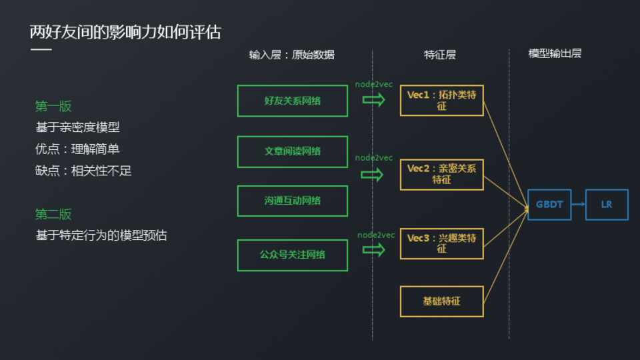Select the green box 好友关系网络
point(292,101)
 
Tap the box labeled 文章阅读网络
point(292,151)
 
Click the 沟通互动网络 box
point(292,201)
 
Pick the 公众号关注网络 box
point(292,255)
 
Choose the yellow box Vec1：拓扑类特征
point(441,101)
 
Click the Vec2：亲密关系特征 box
point(441,174)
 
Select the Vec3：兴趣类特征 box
point(441,243)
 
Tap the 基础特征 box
point(441,301)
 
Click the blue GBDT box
point(549,205)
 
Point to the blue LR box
point(607,205)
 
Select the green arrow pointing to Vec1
point(373,100)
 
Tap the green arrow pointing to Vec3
point(373,250)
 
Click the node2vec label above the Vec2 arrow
point(374,158)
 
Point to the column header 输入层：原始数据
point(292,55)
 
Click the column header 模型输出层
point(555,53)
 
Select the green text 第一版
point(53,106)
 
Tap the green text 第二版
point(53,214)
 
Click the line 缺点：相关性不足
point(83,171)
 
